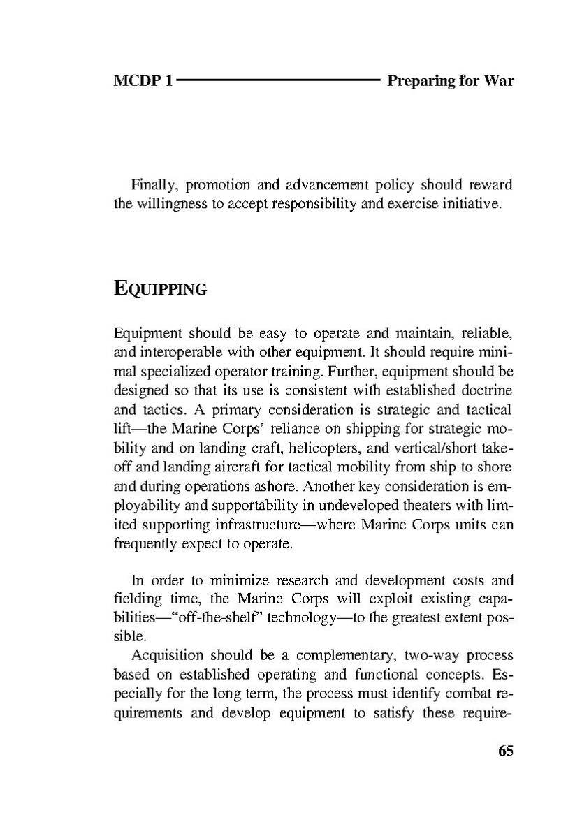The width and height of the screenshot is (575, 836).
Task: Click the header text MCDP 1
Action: (143, 81)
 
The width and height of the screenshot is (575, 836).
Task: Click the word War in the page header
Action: (497, 81)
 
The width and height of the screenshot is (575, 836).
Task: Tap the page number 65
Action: (505, 751)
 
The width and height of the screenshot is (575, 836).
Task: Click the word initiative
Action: (474, 205)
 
